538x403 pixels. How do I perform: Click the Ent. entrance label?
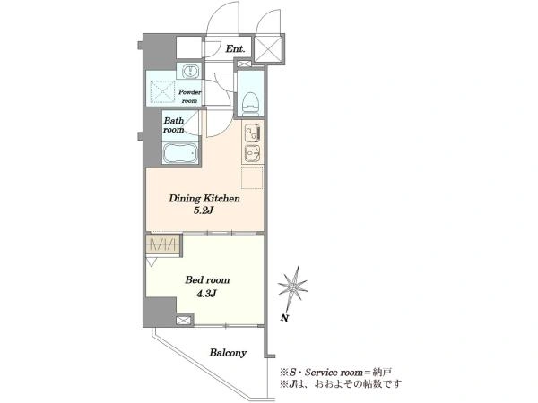coord(235,48)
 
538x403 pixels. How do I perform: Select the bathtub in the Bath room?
coord(180,153)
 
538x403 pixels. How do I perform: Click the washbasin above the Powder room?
coord(189,72)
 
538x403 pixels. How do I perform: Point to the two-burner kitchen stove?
coord(253,132)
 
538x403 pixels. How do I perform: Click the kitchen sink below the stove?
coord(253,153)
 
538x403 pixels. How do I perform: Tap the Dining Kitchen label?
coord(204,199)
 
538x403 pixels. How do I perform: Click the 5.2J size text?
coord(204,210)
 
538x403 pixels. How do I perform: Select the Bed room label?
coord(207,280)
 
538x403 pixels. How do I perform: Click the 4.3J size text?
coord(206,294)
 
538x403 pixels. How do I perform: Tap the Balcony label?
coord(228,353)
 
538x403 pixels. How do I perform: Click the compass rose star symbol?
coord(292,287)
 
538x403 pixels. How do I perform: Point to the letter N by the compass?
coord(284,318)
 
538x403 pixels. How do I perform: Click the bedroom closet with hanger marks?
coord(163,244)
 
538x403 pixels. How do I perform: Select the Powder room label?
coord(190,97)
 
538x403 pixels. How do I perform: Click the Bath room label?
coord(174,125)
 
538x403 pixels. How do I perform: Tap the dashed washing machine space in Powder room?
coord(162,91)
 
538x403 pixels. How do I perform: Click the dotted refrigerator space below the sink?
coord(252,177)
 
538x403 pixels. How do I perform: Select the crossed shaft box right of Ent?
coord(268,49)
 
